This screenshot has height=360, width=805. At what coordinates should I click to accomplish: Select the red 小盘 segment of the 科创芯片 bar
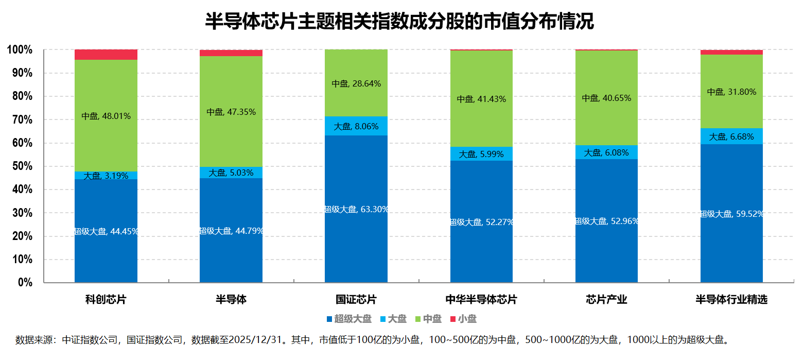point(106,55)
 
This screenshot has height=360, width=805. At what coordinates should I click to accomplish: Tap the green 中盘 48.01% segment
point(106,116)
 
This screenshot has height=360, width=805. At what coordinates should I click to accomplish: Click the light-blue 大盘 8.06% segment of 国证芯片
point(356,126)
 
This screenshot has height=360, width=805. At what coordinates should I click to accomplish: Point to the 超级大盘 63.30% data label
point(356,209)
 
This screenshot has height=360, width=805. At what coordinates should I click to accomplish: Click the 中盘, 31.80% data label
point(731,92)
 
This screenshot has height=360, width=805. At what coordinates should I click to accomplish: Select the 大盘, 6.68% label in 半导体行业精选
point(731,137)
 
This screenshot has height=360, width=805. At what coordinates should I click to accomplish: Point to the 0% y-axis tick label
point(25,283)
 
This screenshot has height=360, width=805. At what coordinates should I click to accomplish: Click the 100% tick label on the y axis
point(20,50)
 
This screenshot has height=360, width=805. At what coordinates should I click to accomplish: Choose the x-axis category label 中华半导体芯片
point(481,300)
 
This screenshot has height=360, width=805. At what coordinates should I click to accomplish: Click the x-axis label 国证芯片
point(356,300)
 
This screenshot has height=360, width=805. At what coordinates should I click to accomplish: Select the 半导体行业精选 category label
point(731,300)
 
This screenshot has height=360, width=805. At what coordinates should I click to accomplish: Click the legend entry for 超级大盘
point(348,319)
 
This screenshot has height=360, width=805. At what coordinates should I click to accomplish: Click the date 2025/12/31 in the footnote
point(256,340)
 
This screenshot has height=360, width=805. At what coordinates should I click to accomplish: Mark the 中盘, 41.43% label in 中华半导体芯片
point(481,99)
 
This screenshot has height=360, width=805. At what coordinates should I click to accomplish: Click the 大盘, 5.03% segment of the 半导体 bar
point(231,173)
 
